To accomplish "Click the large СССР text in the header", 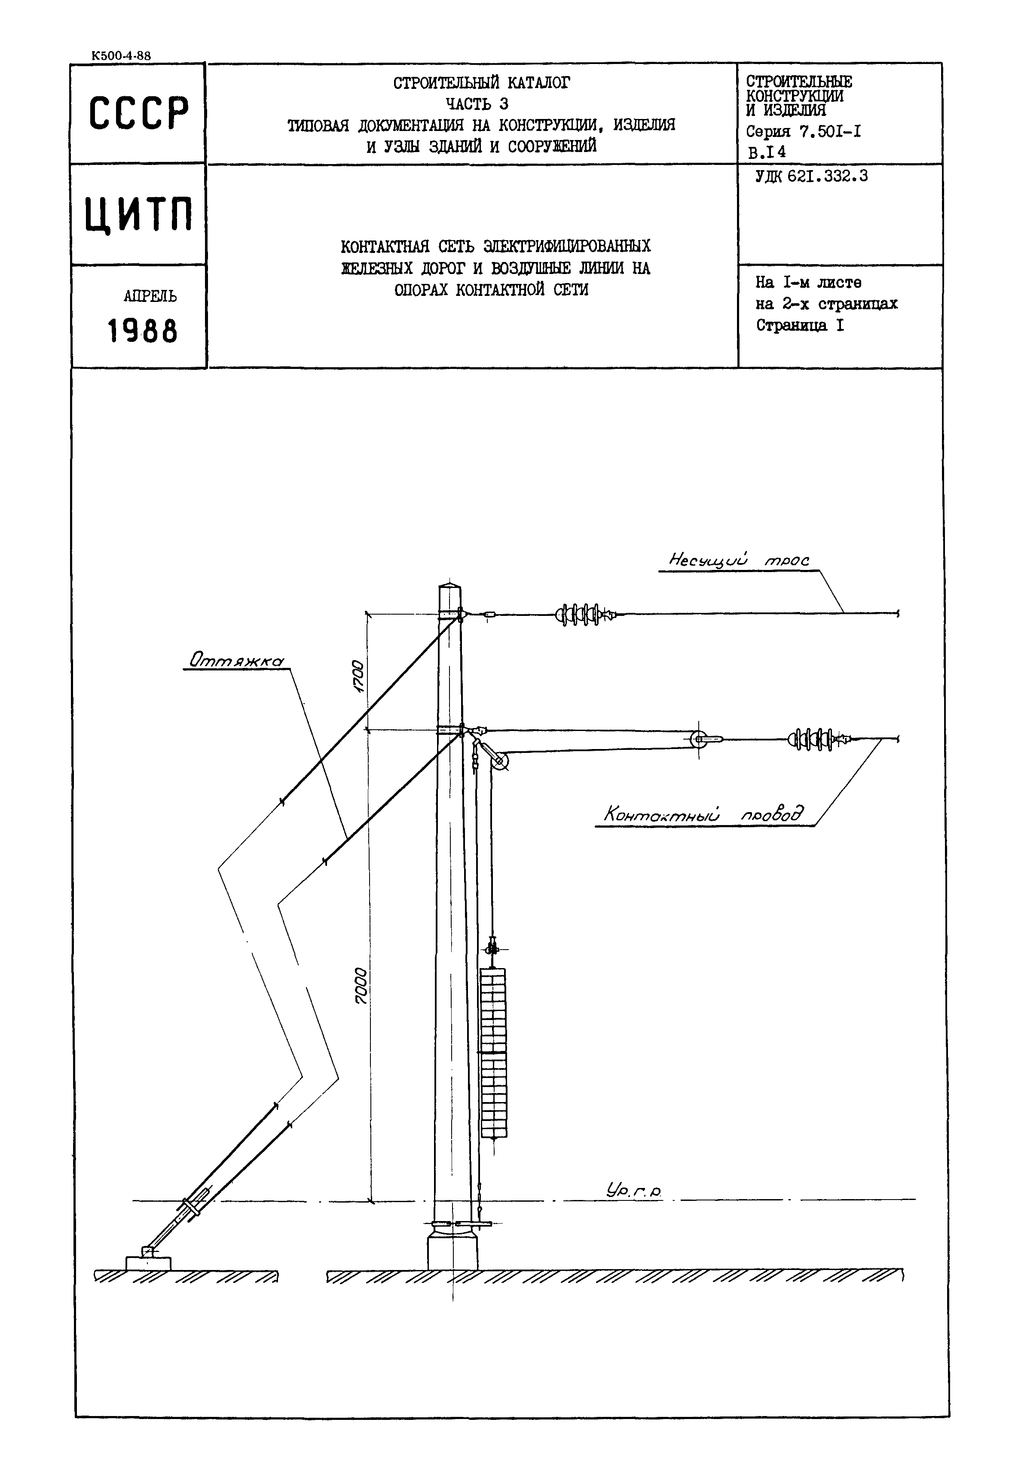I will tap(139, 114).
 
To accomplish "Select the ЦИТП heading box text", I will tap(139, 215).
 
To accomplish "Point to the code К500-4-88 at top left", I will tap(121, 56).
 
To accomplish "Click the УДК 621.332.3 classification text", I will tap(811, 177).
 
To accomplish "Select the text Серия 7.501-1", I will tap(803, 132).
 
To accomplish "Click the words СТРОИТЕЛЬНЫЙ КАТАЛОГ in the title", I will tap(481, 82).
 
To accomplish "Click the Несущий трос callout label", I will tap(739, 560).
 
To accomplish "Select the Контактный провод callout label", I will tap(702, 814).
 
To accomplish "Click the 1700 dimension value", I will tap(358, 676).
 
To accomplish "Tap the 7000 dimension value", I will tap(361, 986).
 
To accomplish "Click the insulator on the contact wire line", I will tap(816, 739).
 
